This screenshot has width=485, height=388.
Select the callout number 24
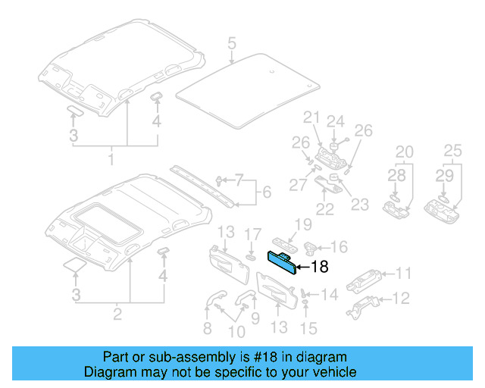pos(335,121)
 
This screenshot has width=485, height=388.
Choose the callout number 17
pos(255,235)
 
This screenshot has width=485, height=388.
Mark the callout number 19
pos(303,224)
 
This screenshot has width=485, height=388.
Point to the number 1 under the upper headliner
pos(111,161)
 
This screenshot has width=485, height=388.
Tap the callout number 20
pos(404,152)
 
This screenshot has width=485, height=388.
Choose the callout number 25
pos(453,152)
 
